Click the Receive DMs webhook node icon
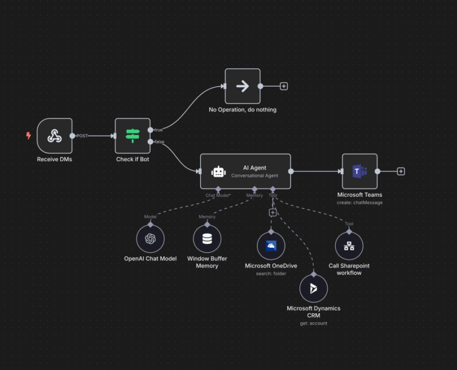tap(55, 136)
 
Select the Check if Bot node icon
tap(133, 136)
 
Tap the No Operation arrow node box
tap(242, 86)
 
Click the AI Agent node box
tap(246, 171)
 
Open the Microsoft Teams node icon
tap(360, 171)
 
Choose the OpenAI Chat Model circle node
tap(150, 239)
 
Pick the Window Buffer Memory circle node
tap(207, 239)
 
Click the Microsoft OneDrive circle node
tap(271, 246)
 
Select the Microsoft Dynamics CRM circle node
tap(314, 288)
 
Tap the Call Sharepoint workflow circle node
tap(349, 246)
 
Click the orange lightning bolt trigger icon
tap(29, 136)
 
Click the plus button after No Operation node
tap(284, 86)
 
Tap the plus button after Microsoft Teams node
tap(401, 171)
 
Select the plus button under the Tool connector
tap(273, 213)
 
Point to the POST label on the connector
tap(82, 136)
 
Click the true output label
tap(159, 130)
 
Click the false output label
tap(160, 142)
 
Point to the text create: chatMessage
tap(360, 203)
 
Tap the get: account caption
tap(314, 323)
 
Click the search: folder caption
tap(271, 274)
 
